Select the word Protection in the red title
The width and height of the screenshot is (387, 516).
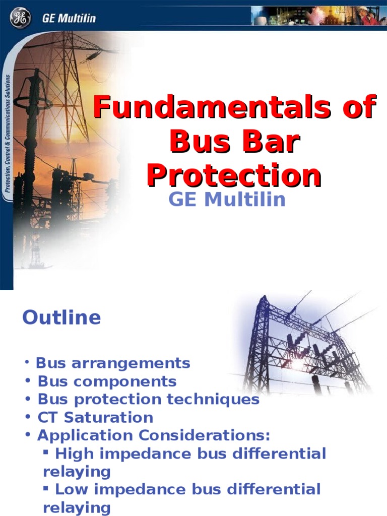234,176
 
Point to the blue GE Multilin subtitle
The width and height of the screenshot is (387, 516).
227,200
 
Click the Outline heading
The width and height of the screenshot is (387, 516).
61,317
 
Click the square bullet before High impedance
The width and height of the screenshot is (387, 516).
46,453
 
